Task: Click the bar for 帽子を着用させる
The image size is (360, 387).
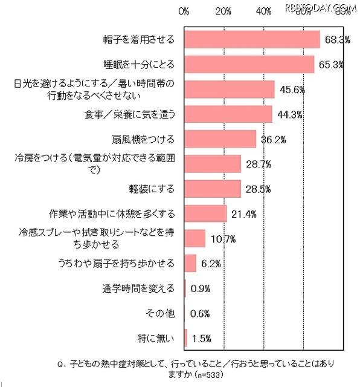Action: [x=252, y=39]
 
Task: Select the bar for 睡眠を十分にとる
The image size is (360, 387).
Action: [x=249, y=64]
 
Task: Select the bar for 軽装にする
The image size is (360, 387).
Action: [x=213, y=189]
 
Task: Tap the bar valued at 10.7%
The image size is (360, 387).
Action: [x=195, y=238]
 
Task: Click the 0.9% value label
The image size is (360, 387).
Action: [x=200, y=288]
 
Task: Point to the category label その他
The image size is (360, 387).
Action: [x=161, y=313]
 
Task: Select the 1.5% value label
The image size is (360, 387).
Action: [x=201, y=338]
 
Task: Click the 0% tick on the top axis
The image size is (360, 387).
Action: [x=185, y=11]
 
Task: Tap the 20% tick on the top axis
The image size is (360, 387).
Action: [x=223, y=11]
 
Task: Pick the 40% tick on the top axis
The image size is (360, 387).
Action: [x=263, y=11]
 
